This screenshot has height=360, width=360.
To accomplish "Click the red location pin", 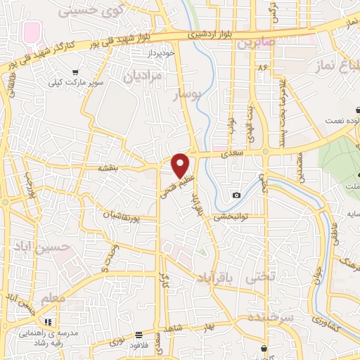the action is (181, 165).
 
